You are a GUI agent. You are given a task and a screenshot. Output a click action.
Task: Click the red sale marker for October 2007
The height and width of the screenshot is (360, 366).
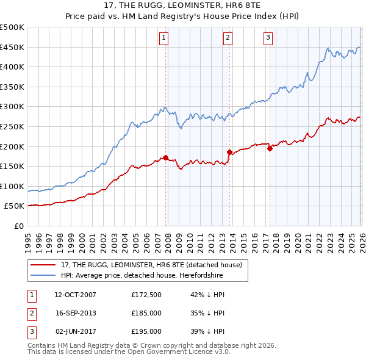click(x=165, y=157)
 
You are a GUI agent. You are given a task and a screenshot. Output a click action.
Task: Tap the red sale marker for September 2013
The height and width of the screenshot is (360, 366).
click(x=229, y=152)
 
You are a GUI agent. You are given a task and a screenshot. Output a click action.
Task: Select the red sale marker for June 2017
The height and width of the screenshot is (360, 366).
click(x=269, y=148)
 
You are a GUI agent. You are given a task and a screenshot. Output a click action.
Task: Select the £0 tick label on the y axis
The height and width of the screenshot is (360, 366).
click(x=19, y=226)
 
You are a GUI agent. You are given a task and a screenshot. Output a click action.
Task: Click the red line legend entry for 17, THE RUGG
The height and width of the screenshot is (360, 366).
click(x=151, y=265)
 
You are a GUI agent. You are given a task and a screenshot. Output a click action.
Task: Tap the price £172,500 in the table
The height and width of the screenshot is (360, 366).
click(x=146, y=295)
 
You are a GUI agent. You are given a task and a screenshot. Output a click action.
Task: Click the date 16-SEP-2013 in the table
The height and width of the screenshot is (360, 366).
click(x=76, y=313)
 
